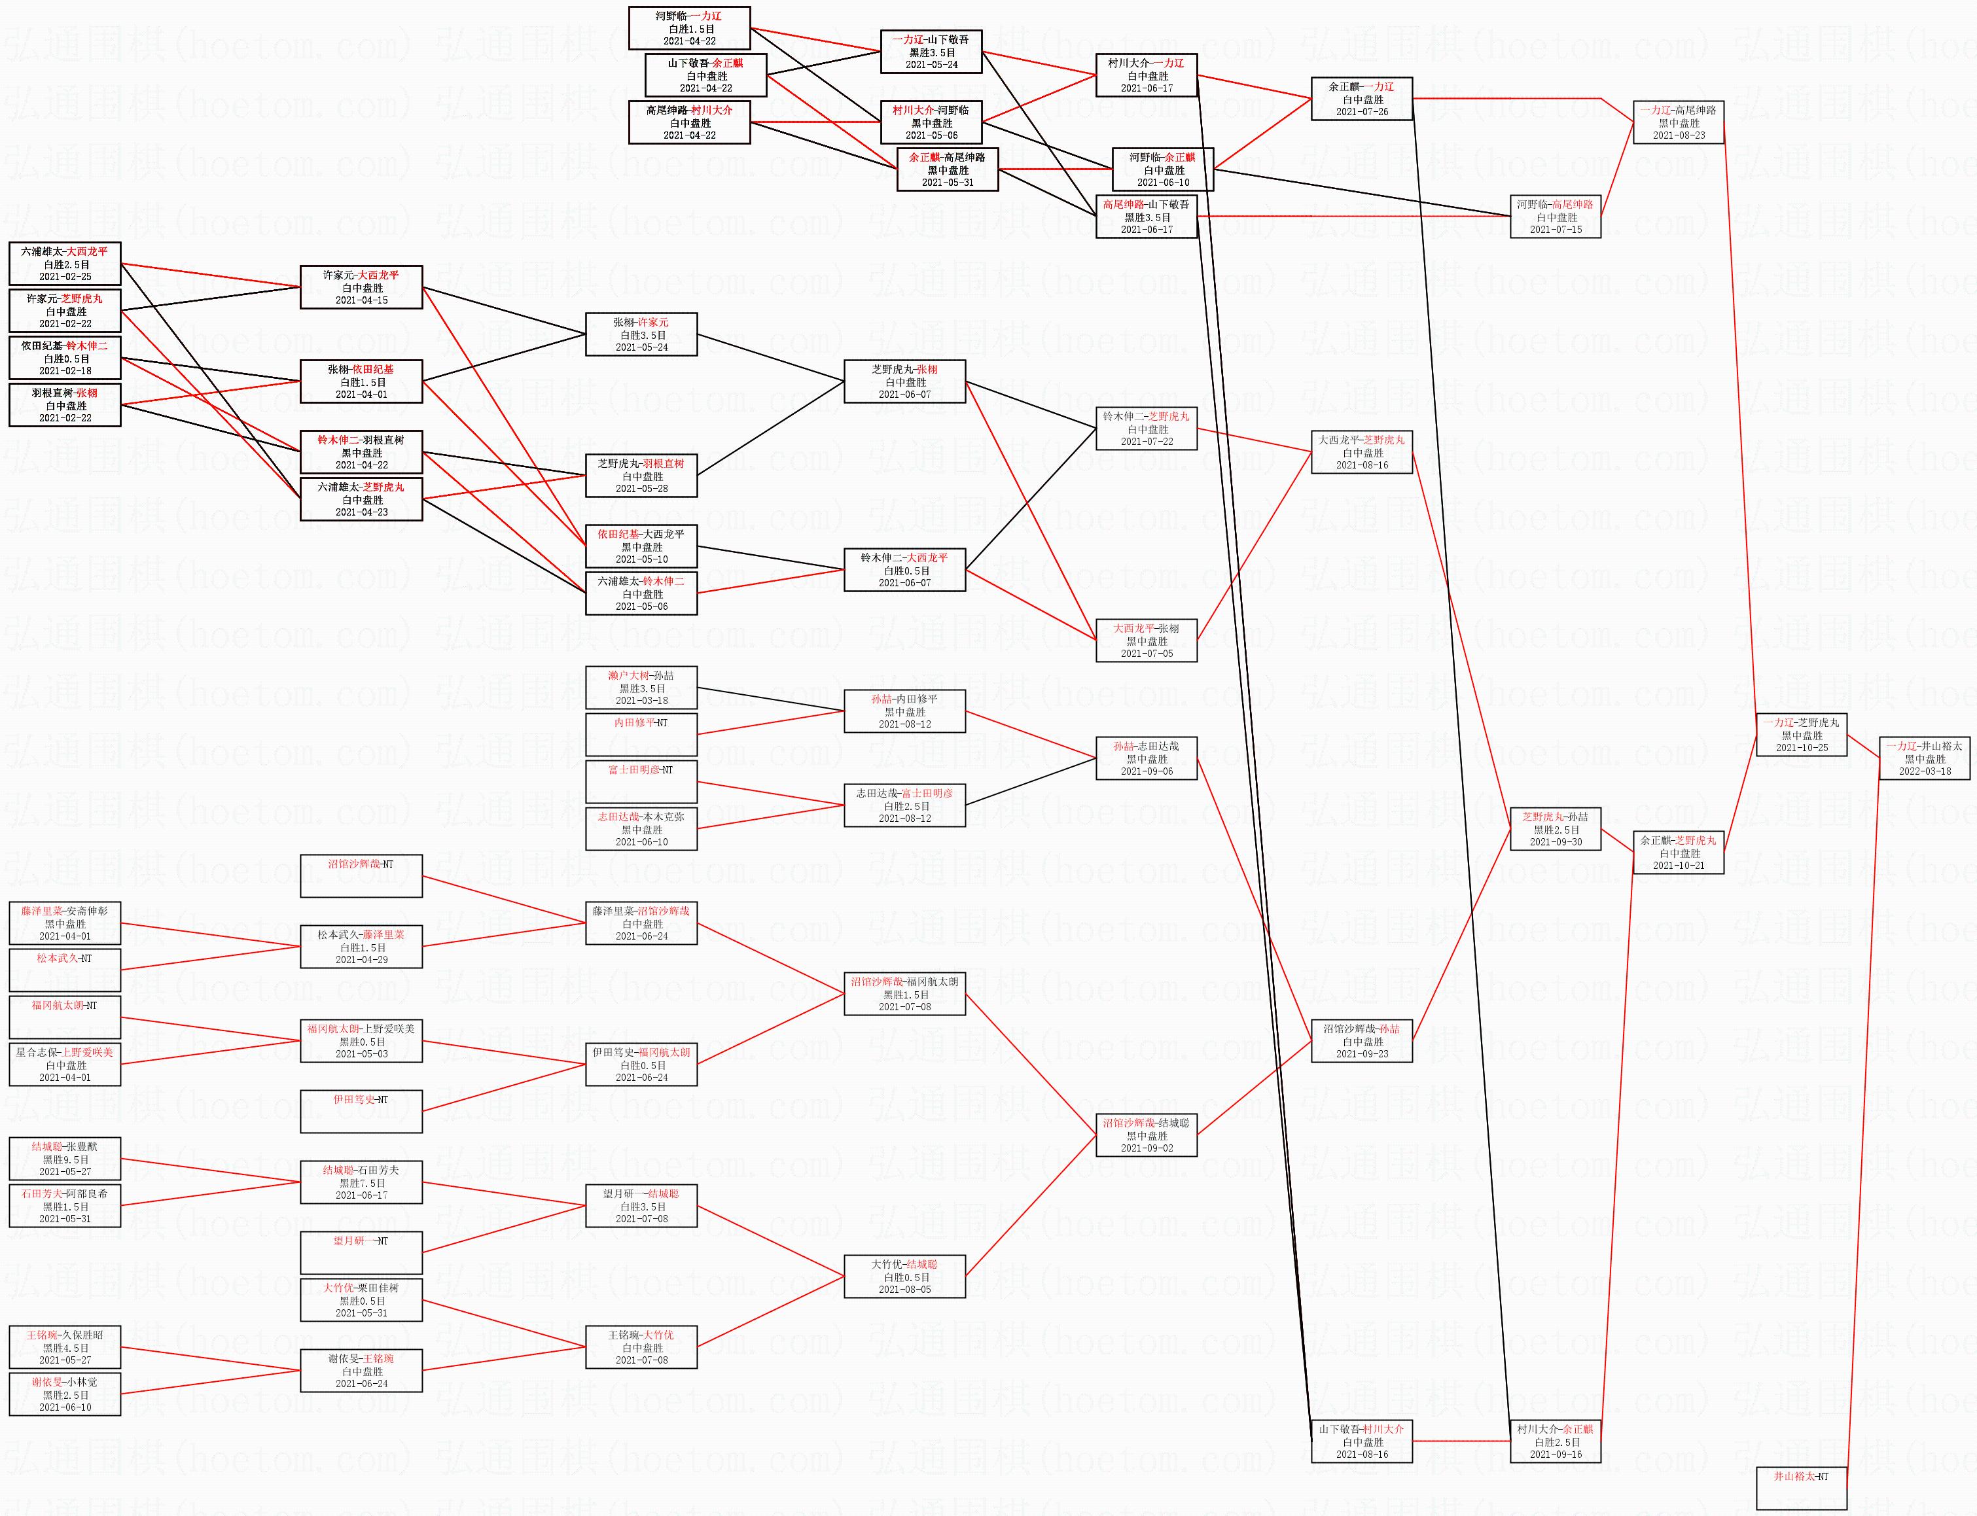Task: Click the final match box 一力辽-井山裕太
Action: tap(1924, 758)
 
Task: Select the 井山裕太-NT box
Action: tap(1801, 1489)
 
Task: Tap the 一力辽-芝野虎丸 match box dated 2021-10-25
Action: tap(1801, 735)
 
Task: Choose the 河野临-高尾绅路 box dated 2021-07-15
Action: tap(1555, 217)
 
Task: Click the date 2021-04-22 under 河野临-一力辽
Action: tap(689, 41)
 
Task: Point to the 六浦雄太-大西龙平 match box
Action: tap(64, 264)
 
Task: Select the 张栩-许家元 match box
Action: tap(641, 334)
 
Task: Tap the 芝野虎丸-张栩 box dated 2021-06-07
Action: tap(904, 381)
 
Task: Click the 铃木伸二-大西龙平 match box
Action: tap(904, 569)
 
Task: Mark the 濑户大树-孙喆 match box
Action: tap(641, 688)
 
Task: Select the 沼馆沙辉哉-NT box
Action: tap(361, 875)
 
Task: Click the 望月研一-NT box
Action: tap(361, 1252)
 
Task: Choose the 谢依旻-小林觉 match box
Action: tap(64, 1394)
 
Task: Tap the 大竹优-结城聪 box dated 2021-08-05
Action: tap(904, 1276)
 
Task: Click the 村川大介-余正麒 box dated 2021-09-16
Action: tap(1555, 1441)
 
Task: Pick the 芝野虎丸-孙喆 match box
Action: tap(1555, 828)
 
